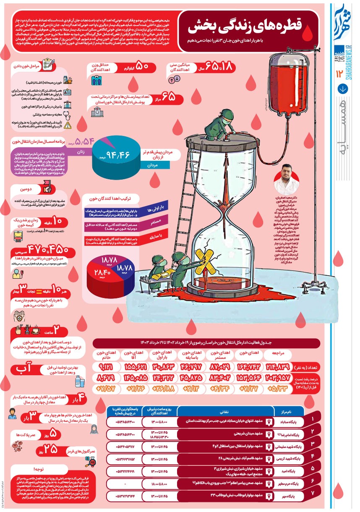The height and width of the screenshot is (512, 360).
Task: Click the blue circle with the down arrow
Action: coord(343,89)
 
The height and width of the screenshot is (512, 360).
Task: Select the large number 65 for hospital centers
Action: coord(169,97)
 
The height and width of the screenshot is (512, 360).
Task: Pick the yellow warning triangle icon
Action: coord(67,123)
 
